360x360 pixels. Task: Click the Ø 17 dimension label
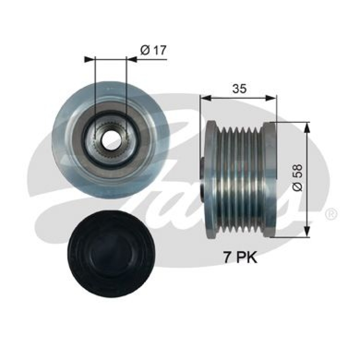pyautogui.click(x=153, y=51)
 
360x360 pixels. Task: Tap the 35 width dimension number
pyautogui.click(x=239, y=89)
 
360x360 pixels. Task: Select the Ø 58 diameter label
pyautogui.click(x=297, y=180)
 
